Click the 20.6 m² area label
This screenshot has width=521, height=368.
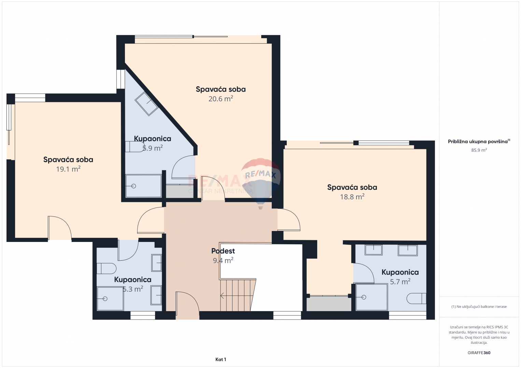point(221,99)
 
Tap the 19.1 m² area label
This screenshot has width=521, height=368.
point(68,169)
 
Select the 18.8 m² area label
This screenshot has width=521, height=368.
point(352,197)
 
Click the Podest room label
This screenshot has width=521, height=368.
point(223,251)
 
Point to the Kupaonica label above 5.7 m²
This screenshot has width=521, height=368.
point(400,272)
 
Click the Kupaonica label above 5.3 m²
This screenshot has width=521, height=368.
point(132,279)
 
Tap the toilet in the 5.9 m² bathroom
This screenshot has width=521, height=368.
point(135,147)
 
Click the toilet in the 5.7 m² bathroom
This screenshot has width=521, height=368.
point(416,298)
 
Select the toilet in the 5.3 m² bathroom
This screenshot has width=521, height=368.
point(106,269)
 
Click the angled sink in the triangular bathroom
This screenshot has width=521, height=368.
point(146,104)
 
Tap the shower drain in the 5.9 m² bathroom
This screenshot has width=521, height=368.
point(133,186)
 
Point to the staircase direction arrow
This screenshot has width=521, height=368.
point(237,295)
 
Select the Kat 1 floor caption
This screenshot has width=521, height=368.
point(221,359)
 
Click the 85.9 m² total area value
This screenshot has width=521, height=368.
point(479,150)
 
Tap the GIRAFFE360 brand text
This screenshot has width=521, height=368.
point(479,353)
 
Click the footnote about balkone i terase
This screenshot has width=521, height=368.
point(479,306)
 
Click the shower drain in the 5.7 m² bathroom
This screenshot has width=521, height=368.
point(364,297)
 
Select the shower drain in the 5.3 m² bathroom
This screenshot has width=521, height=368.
point(105,298)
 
